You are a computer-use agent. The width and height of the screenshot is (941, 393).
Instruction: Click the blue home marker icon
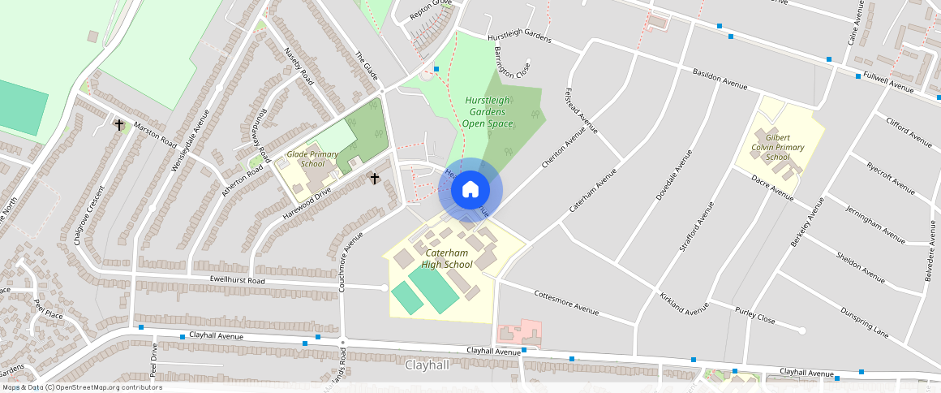470,190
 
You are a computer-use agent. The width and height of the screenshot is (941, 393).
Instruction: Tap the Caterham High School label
447,259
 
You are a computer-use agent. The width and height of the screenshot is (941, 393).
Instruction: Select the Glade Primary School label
312,158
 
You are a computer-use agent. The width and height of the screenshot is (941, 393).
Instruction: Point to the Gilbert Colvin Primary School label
777,147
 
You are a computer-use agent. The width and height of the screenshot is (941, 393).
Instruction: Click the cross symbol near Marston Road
120,125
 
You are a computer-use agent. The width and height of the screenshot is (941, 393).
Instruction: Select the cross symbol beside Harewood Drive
375,177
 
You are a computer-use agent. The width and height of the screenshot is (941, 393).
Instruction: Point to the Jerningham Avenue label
875,225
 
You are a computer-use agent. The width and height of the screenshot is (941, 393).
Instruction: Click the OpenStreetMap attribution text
82,387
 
